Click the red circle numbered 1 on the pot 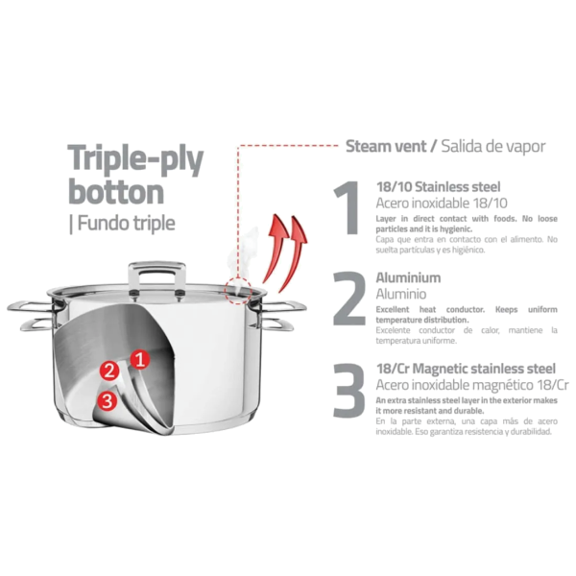(140, 360)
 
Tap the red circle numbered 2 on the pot (109, 371)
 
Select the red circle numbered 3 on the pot (108, 400)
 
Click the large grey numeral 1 (348, 207)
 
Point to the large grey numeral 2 (349, 299)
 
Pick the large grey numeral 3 (349, 390)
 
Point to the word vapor (526, 147)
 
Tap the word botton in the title (116, 191)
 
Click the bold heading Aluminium (408, 277)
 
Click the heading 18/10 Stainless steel (439, 187)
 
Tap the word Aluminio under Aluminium (401, 294)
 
